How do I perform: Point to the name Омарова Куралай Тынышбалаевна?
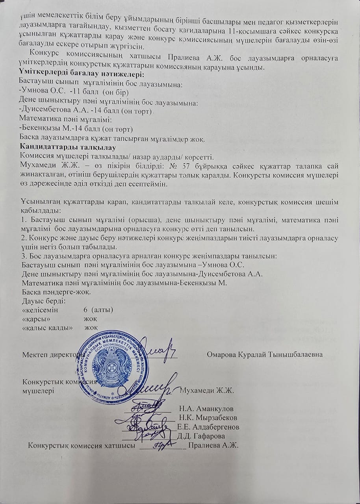click(x=265, y=354)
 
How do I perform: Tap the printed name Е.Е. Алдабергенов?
click(x=208, y=427)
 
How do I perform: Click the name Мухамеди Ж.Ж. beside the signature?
click(x=207, y=391)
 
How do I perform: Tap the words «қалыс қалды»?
click(x=48, y=327)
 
